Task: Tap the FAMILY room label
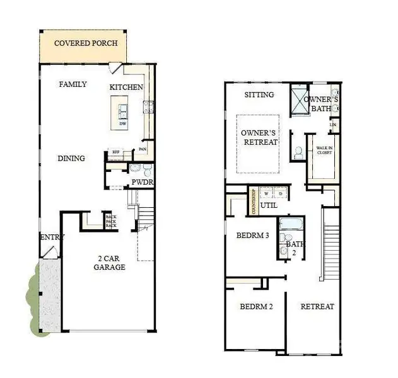73,84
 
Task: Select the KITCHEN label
126,87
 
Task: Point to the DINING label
71,158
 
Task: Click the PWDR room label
143,183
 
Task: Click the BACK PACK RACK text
110,220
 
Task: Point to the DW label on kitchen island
123,123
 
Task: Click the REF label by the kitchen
116,152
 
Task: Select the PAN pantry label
143,150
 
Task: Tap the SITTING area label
259,94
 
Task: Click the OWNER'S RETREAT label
259,137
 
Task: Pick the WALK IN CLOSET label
325,150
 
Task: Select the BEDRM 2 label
256,307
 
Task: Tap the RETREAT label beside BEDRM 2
317,307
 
